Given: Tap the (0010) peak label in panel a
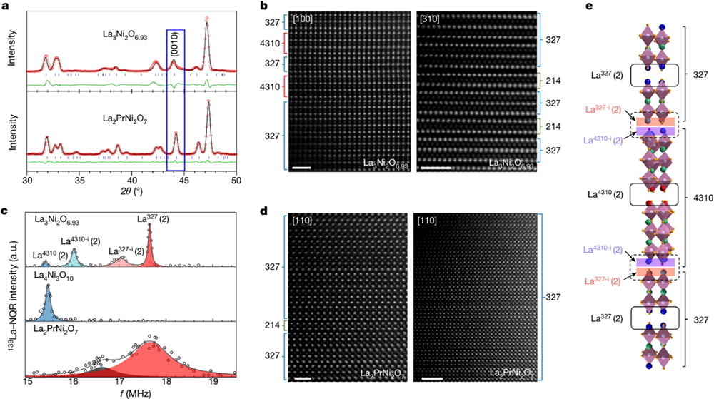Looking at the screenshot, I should click(x=175, y=46).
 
